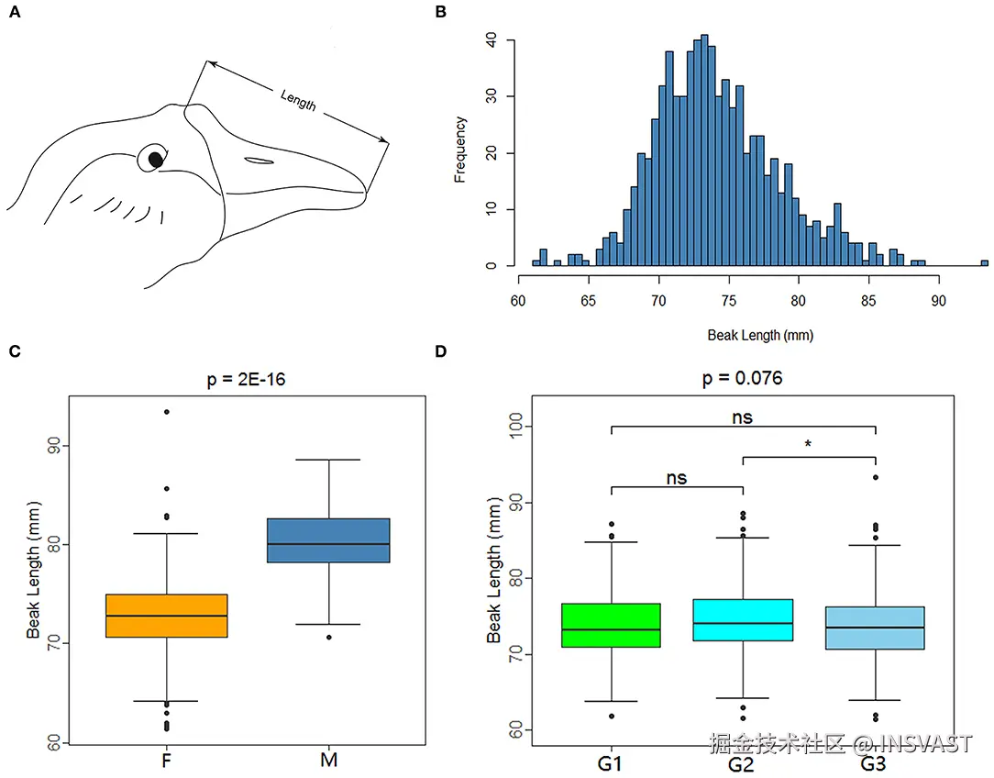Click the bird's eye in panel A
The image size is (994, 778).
click(x=156, y=160)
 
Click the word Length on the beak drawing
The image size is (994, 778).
click(x=298, y=99)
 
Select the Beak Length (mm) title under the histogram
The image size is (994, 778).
click(x=759, y=335)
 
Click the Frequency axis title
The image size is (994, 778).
click(x=460, y=150)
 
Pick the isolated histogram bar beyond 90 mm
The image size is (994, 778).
click(x=984, y=263)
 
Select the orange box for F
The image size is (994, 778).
click(x=167, y=616)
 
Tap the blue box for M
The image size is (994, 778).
click(x=328, y=540)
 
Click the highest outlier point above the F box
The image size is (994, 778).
click(x=167, y=412)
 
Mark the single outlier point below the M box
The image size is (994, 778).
click(x=328, y=637)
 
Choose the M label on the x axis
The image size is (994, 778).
click(x=328, y=761)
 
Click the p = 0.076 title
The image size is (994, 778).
click(x=742, y=378)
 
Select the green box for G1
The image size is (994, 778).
click(x=610, y=625)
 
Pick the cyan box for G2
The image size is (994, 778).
click(x=743, y=620)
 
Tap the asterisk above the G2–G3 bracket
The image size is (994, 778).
click(x=808, y=445)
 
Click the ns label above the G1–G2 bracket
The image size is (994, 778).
click(x=675, y=477)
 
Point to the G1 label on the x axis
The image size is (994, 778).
click(x=610, y=761)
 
